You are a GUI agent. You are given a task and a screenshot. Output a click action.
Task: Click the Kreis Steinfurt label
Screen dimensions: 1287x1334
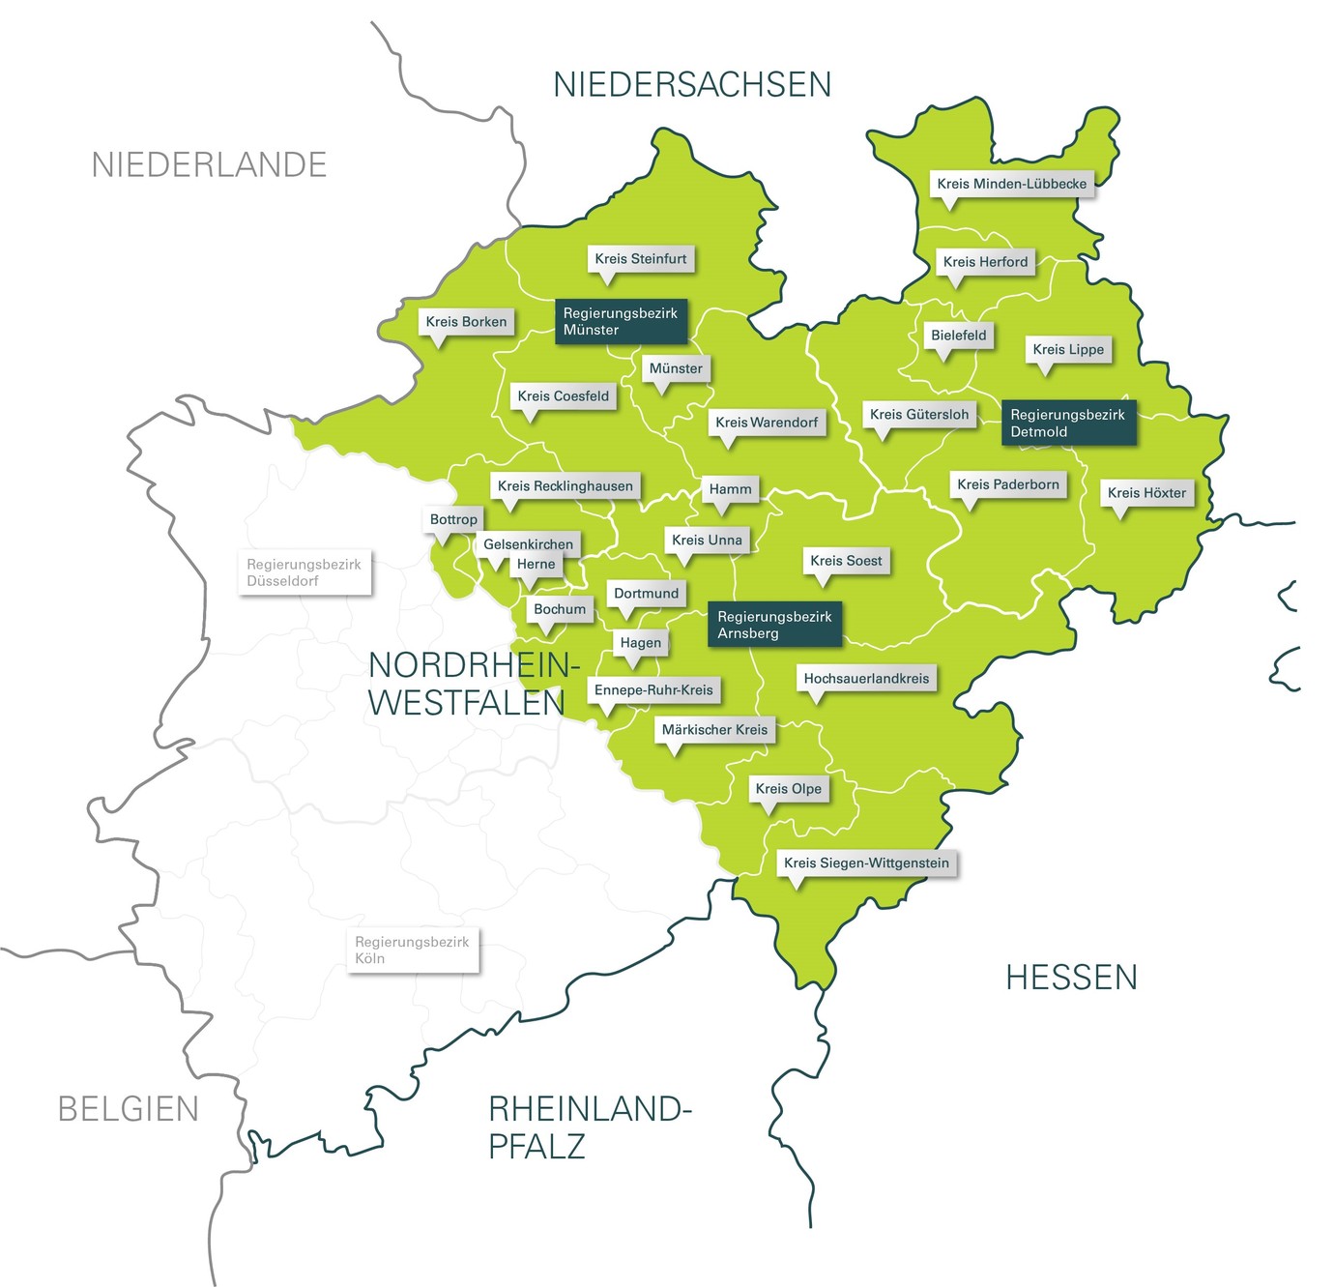pos(641,259)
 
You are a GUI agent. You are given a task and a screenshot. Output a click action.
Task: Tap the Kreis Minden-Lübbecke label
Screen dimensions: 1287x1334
pos(1011,184)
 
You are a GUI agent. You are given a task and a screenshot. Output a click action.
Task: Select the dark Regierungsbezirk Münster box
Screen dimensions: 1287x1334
pos(621,321)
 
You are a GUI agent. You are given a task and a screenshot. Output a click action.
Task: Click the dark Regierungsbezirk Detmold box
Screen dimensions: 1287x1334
pos(1068,423)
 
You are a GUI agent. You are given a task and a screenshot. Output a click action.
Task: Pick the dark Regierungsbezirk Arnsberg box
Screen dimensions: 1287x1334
pos(774,625)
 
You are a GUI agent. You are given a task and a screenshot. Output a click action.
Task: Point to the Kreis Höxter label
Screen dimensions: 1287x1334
pos(1146,493)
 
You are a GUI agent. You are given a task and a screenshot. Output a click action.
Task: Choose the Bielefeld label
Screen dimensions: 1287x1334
pos(959,336)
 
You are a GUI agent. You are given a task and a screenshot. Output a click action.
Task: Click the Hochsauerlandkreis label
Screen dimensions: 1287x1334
pos(866,679)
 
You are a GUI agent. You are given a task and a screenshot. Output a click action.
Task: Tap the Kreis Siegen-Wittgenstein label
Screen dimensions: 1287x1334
pos(866,863)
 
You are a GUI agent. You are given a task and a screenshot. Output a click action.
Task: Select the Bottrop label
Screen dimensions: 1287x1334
pos(453,519)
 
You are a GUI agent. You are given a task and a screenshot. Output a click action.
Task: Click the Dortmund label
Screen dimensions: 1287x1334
pos(647,594)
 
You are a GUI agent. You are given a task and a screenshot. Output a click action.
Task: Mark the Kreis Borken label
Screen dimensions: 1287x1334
pos(466,322)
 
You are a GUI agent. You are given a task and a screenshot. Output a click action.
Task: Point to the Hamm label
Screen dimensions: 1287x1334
pos(730,489)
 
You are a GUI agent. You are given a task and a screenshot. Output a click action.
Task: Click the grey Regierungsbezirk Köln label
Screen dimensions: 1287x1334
pos(412,950)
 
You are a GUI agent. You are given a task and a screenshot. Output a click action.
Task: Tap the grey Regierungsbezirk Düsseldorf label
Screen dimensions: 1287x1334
pos(304,572)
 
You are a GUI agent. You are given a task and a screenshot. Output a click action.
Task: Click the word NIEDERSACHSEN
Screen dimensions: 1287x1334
pos(692,85)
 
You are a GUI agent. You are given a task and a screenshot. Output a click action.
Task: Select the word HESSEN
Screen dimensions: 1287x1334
pos(1071,978)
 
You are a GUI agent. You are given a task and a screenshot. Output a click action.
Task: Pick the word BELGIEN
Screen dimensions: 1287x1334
pos(129,1109)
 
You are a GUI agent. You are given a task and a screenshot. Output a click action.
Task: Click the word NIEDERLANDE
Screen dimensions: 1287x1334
pos(209,165)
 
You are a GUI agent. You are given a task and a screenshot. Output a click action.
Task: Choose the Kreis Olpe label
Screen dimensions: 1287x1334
pos(789,789)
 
